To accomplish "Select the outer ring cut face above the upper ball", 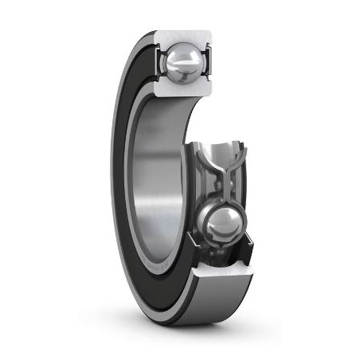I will pyautogui.click(x=184, y=37).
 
